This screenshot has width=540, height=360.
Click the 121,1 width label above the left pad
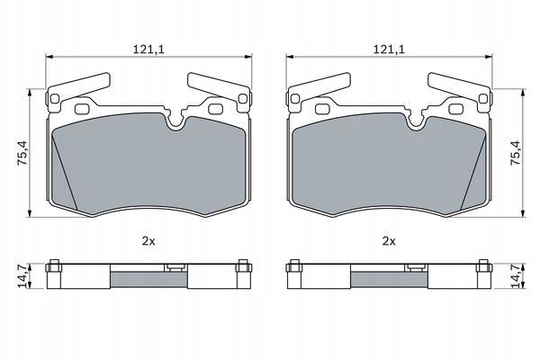[149, 49]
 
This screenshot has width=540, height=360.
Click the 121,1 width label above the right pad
[389, 49]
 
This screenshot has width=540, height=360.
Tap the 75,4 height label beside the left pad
[23, 153]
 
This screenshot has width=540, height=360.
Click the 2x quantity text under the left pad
[148, 241]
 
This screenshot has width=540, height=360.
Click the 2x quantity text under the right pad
[389, 241]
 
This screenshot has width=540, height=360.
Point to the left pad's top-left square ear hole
[55, 99]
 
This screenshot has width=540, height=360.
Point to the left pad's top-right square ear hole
[243, 99]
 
